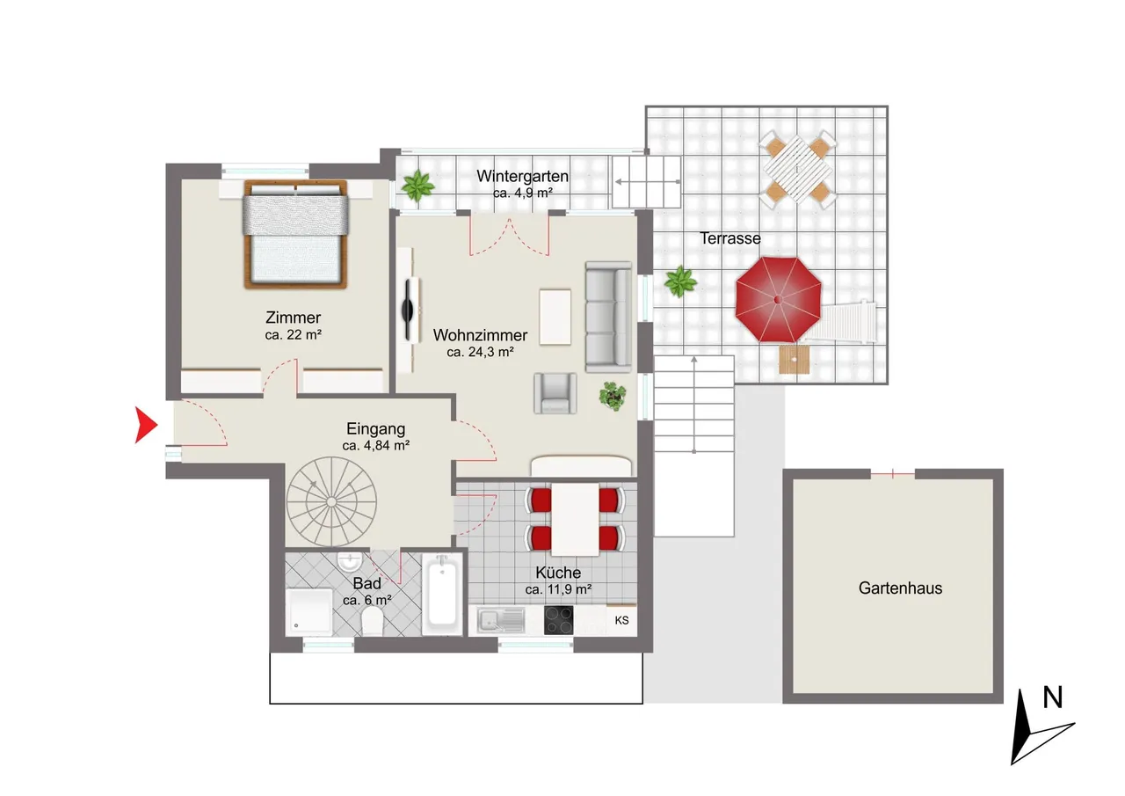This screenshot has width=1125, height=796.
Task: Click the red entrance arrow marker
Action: coord(146,425)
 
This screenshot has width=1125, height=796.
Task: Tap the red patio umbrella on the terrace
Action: coord(778,300)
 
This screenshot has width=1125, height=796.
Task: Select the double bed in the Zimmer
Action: coord(295,234)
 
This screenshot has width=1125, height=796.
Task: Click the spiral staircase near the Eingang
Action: coord(331,501)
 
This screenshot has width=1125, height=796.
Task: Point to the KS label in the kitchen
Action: coord(621,620)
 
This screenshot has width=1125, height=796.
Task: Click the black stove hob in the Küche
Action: coord(558,620)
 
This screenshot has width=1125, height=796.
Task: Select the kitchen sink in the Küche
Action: coord(501,620)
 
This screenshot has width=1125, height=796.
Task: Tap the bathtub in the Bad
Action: coord(442,594)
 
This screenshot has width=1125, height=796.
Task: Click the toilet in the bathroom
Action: coord(372,621)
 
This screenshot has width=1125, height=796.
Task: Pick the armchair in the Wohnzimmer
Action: coord(555,393)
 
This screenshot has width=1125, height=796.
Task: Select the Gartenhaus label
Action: coord(900,588)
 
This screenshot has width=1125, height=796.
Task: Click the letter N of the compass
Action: coord(1053,697)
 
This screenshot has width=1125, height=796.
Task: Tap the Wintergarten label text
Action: coord(522,177)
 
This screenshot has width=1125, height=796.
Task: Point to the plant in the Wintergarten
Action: coord(417,186)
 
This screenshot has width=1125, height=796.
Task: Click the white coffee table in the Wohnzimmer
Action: coord(555,318)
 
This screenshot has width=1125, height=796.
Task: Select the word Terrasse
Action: coord(730,238)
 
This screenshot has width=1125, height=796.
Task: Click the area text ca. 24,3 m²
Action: coord(480,352)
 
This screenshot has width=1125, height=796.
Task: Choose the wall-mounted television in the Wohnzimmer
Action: coord(408,310)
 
